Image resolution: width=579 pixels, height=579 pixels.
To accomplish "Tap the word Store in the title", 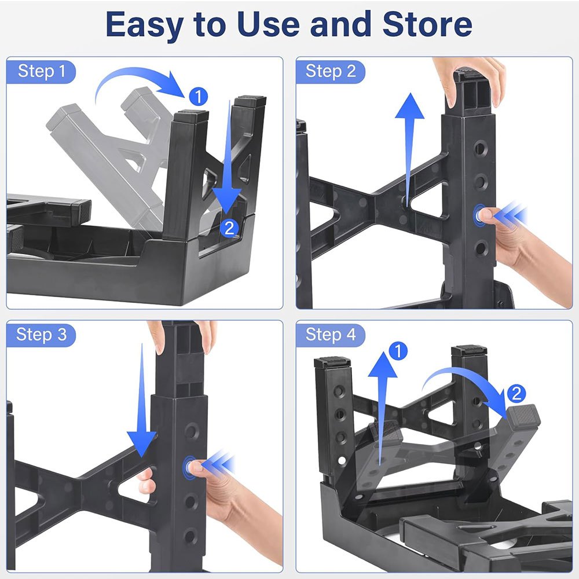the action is [x=427, y=24].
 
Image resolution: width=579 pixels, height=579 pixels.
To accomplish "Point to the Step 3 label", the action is [x=41, y=335].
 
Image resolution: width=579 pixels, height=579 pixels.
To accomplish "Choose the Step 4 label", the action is [x=331, y=335].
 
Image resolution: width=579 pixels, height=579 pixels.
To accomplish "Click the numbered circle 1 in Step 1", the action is [x=198, y=97].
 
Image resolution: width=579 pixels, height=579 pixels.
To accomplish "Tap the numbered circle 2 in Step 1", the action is [x=229, y=228].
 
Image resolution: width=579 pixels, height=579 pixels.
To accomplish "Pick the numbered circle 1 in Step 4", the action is [x=398, y=351].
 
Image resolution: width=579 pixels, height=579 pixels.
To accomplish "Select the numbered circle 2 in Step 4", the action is [x=516, y=393].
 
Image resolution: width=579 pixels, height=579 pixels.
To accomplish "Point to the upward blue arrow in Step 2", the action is [x=409, y=148].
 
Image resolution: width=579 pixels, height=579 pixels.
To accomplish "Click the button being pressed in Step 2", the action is [x=479, y=215].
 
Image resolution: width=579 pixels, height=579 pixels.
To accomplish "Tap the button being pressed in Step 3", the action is [x=189, y=467].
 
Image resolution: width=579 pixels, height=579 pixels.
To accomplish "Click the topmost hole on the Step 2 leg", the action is [x=479, y=148].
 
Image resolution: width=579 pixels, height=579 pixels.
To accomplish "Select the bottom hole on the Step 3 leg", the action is [x=190, y=536].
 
